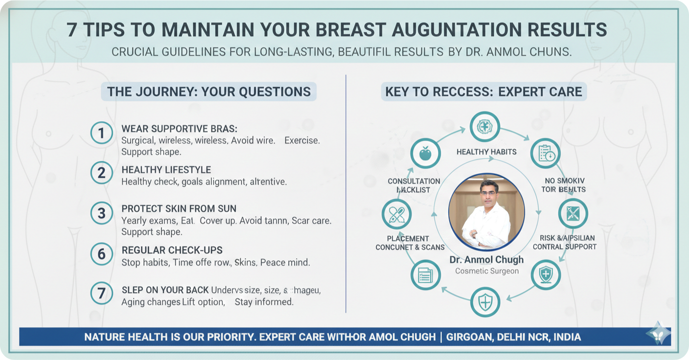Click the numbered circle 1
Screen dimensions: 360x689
coord(102,134)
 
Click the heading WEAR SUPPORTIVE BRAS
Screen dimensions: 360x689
coord(179,129)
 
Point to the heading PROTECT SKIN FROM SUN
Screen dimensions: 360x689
coord(179,209)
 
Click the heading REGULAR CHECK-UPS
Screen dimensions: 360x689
coord(172,250)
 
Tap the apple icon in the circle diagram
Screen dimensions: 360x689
coord(425,154)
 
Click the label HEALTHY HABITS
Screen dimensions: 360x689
coord(486,152)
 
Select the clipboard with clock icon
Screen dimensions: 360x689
coord(546,154)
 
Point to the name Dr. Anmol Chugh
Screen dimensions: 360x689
coord(486,259)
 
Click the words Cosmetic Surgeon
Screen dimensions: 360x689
coord(486,271)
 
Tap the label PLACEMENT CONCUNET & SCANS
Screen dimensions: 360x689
coord(410,243)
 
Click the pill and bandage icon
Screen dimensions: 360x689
coord(396,214)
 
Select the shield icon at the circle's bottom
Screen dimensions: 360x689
coord(485,302)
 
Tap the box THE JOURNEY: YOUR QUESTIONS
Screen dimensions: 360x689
coord(209,91)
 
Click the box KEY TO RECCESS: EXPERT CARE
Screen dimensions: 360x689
coord(483,91)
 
